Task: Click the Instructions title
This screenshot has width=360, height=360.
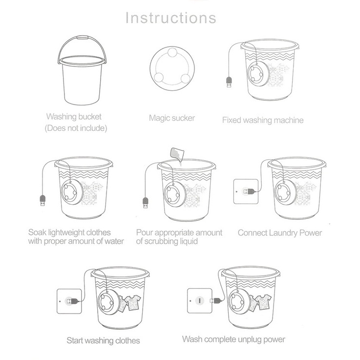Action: click(171, 18)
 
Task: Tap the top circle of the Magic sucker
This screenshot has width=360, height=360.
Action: click(172, 53)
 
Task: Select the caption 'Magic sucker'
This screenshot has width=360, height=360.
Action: click(172, 118)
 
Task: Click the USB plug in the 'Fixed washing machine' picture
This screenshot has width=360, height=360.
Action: click(229, 82)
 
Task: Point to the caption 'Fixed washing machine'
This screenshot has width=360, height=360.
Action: click(263, 120)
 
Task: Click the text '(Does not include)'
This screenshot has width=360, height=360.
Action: click(76, 128)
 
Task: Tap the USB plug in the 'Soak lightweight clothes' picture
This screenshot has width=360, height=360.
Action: click(42, 200)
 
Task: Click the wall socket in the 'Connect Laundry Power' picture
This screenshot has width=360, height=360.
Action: click(246, 191)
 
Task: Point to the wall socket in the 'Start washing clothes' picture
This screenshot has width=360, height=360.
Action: click(69, 301)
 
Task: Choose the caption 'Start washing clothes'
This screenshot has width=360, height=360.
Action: click(103, 340)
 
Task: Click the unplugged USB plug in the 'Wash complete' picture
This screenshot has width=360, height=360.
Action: click(216, 300)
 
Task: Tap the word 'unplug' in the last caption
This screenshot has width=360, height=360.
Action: click(250, 339)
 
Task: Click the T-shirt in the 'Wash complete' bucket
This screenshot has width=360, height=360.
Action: click(263, 302)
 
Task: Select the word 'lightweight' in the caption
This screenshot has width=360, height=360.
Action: click(69, 233)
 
